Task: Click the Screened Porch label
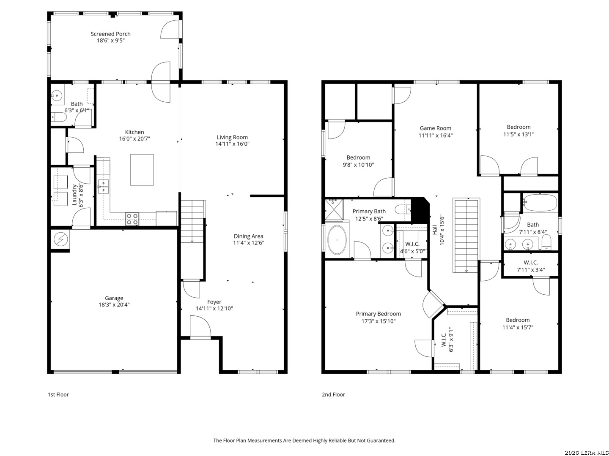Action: [110, 34]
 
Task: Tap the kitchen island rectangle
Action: [142, 170]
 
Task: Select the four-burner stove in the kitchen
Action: [132, 219]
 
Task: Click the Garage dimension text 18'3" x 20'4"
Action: [114, 305]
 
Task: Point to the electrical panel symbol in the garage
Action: [60, 239]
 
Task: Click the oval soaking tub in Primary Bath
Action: [337, 240]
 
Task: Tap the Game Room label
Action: [435, 128]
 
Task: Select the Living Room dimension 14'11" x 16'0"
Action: [233, 144]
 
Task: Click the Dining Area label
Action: [248, 236]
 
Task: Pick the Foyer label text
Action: [214, 302]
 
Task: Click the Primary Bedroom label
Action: [379, 314]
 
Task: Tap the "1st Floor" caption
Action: [58, 394]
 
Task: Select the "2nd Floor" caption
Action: [333, 394]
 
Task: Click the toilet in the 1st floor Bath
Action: [59, 117]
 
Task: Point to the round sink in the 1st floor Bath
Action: [57, 96]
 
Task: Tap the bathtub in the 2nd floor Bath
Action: [540, 202]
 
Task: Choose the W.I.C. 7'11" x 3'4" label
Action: [531, 266]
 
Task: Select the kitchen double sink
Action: [103, 186]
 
